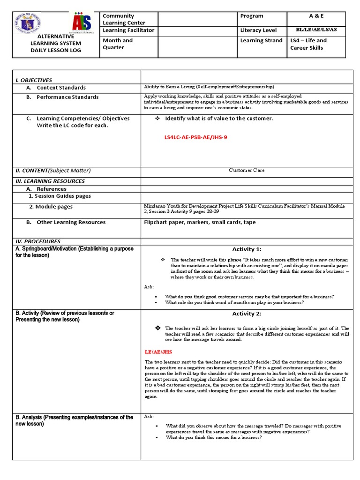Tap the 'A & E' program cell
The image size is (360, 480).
[x=316, y=16]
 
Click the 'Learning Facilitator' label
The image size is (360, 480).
[x=128, y=30]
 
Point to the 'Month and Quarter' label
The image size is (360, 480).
[x=118, y=44]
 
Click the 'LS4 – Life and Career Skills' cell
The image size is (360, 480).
[x=308, y=44]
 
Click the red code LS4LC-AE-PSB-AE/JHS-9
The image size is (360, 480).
[x=195, y=137]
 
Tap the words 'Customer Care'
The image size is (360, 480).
[x=247, y=171]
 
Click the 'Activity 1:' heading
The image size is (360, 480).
[x=247, y=249]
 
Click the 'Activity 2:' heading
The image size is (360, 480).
[x=247, y=314]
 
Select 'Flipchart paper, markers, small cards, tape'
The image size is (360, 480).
[x=200, y=222]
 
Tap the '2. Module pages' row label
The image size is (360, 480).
[x=51, y=207]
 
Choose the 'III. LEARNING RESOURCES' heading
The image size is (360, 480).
[x=50, y=181]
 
